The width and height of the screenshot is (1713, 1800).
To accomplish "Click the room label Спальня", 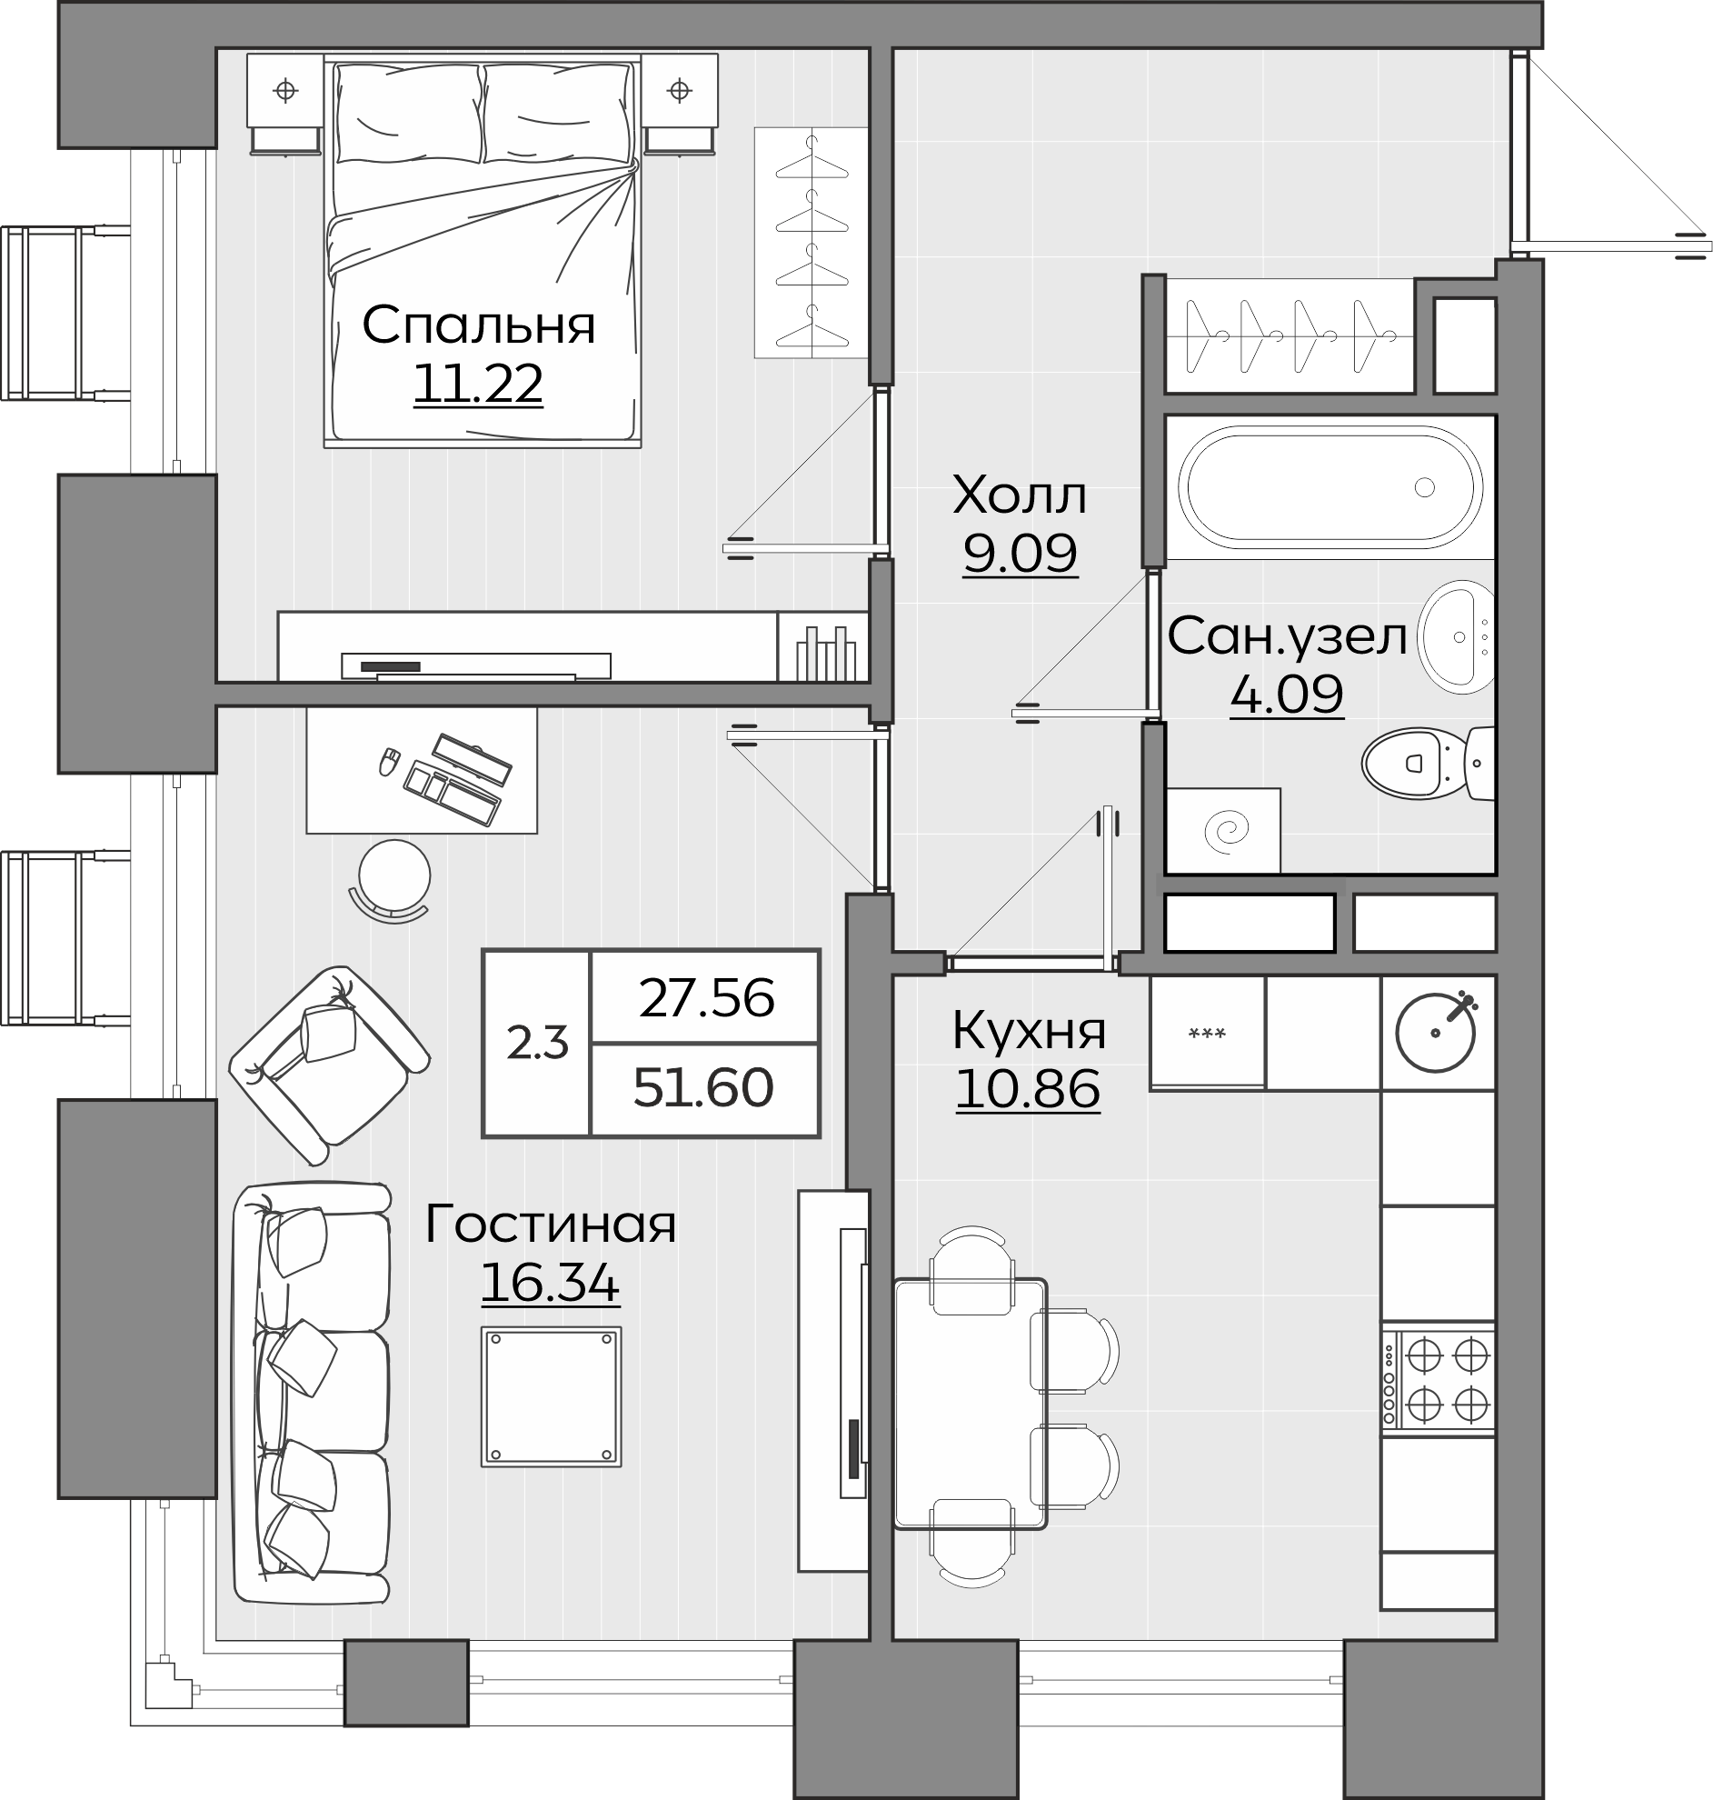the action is tap(479, 325).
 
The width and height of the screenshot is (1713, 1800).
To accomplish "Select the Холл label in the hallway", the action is tap(1019, 495).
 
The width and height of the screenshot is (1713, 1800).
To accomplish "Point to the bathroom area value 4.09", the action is tap(1287, 694).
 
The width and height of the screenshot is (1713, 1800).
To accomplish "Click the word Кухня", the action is tap(1029, 1030).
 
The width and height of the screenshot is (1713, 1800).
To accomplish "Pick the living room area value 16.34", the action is tap(550, 1282).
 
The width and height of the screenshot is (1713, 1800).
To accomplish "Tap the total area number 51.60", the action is tap(703, 1087).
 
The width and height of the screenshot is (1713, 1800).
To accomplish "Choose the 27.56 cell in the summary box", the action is tap(707, 997).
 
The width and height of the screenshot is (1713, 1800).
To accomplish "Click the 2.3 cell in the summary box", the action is tap(537, 1042).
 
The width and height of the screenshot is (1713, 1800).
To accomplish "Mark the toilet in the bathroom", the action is tap(1427, 763).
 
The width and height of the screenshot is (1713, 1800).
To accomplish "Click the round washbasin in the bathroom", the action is tap(1457, 636).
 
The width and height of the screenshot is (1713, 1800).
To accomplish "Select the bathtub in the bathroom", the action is tap(1330, 487).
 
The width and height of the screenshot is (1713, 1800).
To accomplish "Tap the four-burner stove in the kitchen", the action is tap(1439, 1380).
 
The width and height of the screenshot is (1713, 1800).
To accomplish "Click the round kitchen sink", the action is tap(1437, 1032).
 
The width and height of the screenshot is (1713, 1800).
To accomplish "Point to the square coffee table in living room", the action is tap(552, 1397).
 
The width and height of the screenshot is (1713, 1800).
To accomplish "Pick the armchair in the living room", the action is tap(329, 1065).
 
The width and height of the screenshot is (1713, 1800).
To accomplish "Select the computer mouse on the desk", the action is tap(389, 761).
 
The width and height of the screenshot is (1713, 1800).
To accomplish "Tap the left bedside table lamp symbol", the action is tap(286, 90).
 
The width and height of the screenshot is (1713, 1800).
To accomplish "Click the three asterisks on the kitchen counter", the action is tap(1206, 1033).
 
